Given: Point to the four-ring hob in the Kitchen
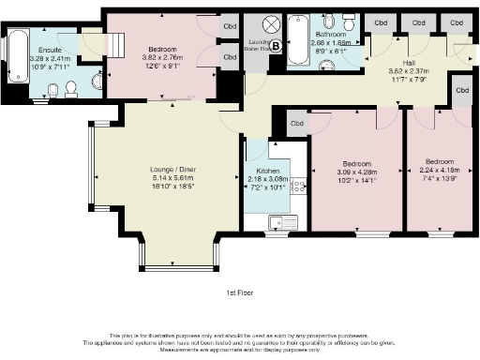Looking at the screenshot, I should [x=300, y=187].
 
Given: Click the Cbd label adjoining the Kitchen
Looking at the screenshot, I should [x=296, y=123].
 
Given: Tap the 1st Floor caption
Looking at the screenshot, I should [x=240, y=293].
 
